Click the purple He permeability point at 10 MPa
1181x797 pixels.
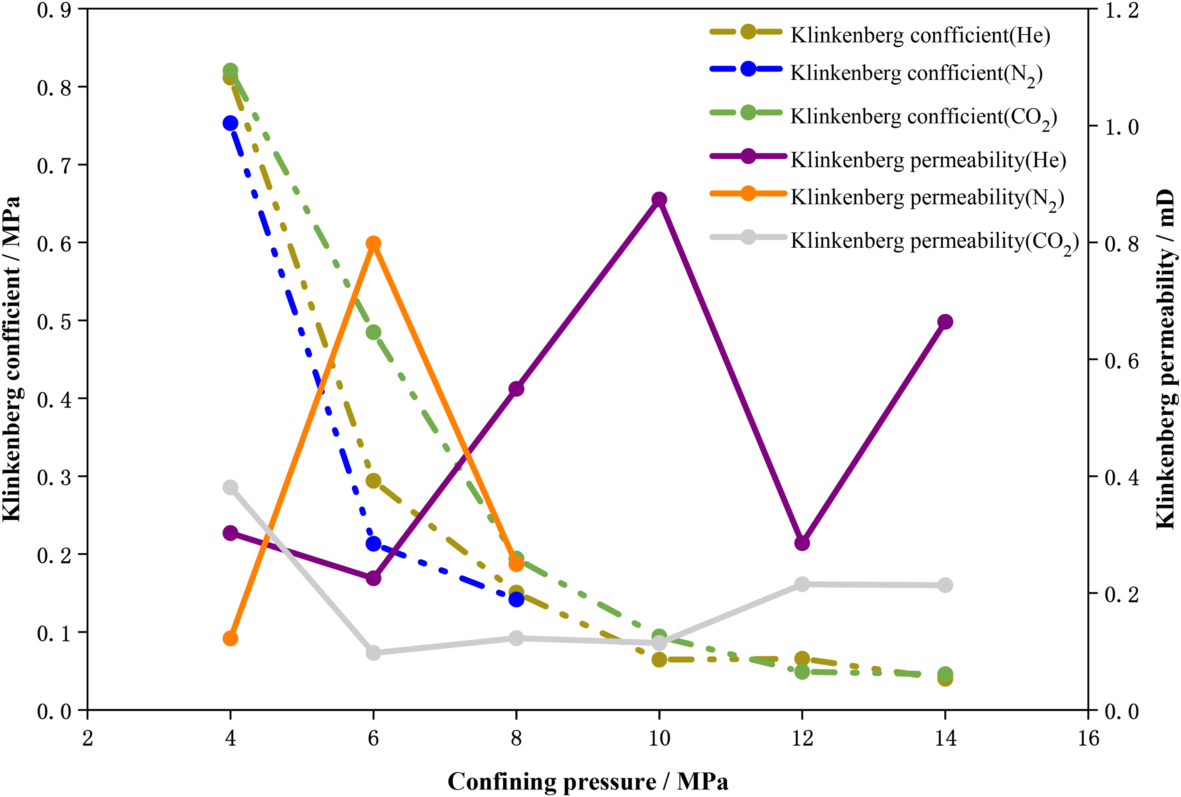pos(659,200)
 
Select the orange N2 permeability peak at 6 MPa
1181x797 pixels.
pos(374,244)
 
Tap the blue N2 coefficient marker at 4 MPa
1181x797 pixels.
pos(230,123)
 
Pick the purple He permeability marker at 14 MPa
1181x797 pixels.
pos(945,322)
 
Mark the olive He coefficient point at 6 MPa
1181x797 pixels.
pos(374,481)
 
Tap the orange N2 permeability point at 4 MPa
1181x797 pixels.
pos(230,638)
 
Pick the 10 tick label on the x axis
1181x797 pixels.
pos(659,738)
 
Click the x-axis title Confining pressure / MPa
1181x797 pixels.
pos(588,782)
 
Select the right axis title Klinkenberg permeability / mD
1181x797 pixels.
pos(1166,360)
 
